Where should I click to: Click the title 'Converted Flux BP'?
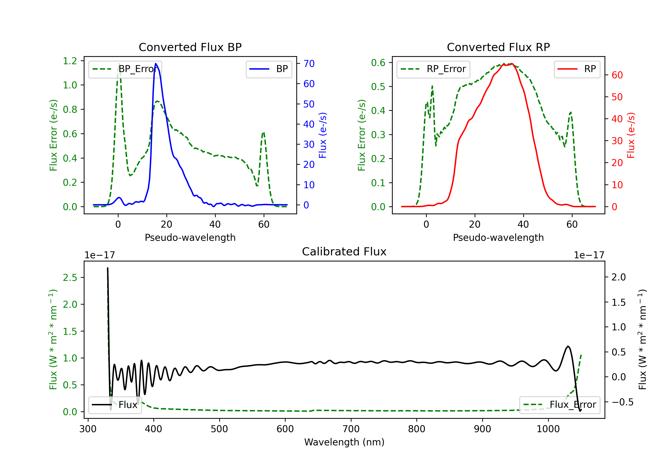(190, 47)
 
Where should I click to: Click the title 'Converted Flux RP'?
(498, 47)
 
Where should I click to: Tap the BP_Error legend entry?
(125, 69)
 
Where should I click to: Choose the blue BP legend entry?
(269, 69)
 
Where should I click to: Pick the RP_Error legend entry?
(433, 69)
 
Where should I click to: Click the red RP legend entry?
(577, 69)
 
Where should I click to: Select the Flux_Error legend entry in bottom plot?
(559, 405)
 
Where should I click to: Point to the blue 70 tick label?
(309, 64)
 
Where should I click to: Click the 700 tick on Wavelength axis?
(351, 429)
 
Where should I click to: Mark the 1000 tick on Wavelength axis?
(548, 429)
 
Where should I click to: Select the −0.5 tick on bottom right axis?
(622, 402)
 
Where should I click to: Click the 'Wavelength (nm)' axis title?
(344, 442)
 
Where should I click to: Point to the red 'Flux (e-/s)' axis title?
(631, 135)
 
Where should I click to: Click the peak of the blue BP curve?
(156, 64)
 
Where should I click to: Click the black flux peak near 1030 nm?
(568, 347)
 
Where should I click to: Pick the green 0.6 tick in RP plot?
(378, 63)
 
